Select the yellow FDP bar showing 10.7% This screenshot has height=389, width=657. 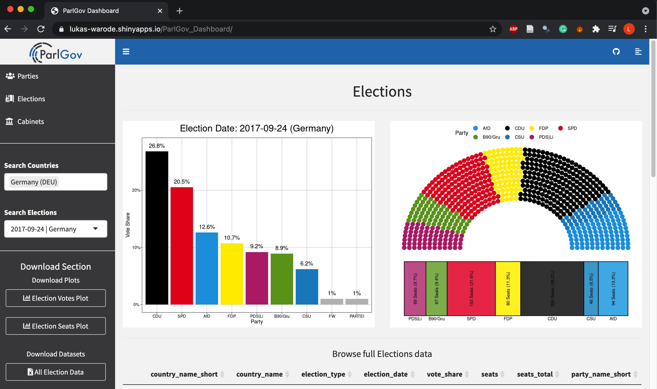point(231,274)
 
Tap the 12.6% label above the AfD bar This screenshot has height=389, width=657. point(207,227)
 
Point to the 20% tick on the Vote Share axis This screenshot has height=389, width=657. point(136,190)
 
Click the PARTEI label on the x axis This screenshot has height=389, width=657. point(357,316)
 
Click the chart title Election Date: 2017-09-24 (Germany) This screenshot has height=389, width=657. point(257,128)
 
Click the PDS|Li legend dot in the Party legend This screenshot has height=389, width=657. point(532,137)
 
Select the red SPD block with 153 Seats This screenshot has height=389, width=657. point(471,288)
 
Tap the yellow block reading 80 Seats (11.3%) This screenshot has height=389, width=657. point(508,288)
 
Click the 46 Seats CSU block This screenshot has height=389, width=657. point(591,288)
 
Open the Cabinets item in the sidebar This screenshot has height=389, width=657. point(30,122)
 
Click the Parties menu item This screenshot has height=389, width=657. point(28,76)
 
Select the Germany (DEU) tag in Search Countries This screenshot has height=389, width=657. point(34,182)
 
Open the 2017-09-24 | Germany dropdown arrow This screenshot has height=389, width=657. point(95,229)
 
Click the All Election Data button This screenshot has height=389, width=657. point(55,372)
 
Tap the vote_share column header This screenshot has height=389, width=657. point(444,374)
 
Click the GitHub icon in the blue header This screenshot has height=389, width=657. point(616,52)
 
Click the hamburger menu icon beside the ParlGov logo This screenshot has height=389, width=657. point(126,52)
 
